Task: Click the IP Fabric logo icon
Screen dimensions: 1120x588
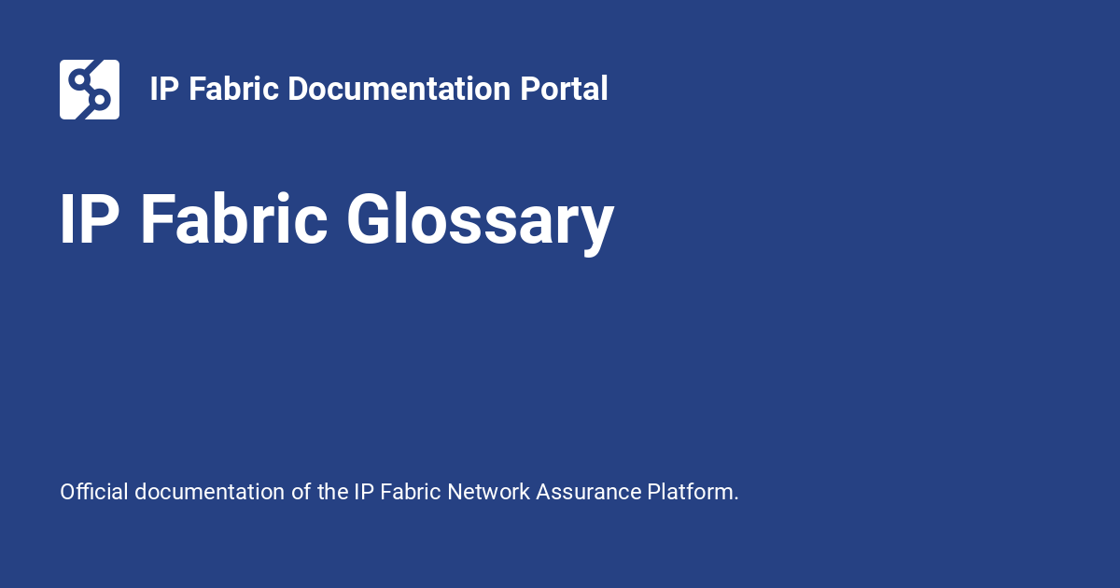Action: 90,90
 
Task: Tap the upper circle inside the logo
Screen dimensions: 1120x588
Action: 79,79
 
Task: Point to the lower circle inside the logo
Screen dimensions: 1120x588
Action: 100,100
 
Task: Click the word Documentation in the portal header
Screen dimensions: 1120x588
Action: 399,89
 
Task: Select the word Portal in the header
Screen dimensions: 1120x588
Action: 564,89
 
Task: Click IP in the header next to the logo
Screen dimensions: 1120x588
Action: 164,89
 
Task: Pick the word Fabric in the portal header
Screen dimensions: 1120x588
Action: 233,89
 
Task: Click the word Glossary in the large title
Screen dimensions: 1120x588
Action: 481,221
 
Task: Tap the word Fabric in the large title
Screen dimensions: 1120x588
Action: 234,219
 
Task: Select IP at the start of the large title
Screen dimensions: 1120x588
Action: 90,219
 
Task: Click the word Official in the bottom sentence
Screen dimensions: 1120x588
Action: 94,492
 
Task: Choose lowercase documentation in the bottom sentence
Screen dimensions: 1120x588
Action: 209,492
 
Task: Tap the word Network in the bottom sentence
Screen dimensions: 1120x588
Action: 488,492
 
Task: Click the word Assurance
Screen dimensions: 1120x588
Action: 589,492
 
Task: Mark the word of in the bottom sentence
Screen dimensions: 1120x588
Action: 301,492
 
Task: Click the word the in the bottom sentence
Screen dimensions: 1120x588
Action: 332,492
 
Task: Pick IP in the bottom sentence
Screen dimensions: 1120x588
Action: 364,492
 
